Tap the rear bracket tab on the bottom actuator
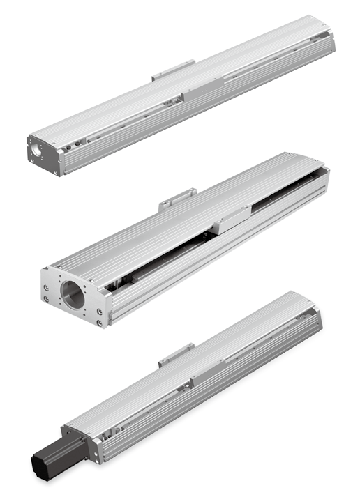click(x=176, y=353)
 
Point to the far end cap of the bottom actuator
click(x=317, y=321)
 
